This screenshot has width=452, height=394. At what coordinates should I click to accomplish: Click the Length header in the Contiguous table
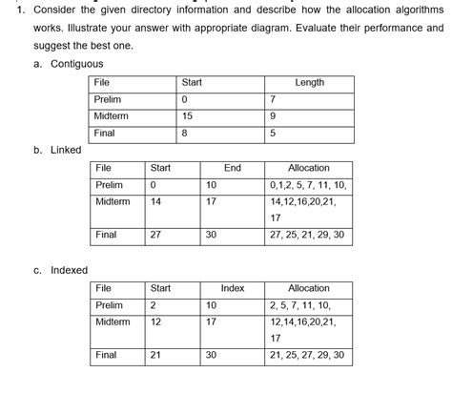coord(310,83)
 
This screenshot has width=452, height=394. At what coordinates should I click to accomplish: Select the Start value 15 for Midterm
coord(187,116)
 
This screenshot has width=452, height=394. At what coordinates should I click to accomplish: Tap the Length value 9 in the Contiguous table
coord(274,116)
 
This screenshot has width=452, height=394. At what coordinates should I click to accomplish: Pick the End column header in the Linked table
coord(232,168)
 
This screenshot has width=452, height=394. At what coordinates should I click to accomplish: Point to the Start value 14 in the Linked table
coord(156,202)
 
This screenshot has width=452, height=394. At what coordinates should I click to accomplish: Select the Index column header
coord(233,288)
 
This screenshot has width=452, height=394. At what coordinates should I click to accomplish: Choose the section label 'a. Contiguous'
coord(68,63)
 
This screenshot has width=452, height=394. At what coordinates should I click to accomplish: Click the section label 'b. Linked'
coord(57,150)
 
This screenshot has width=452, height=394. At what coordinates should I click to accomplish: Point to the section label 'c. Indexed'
coord(61,270)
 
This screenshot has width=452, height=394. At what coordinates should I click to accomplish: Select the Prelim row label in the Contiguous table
coord(108,100)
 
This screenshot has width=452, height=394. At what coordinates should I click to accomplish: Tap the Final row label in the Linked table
coord(107,235)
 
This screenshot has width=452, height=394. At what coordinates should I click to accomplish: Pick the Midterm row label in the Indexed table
coord(113,322)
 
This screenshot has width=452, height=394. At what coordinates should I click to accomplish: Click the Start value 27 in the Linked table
coord(156,235)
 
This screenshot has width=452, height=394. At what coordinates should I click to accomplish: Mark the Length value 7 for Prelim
coord(274,100)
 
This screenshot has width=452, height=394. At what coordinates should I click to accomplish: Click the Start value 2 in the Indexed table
coord(154,305)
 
